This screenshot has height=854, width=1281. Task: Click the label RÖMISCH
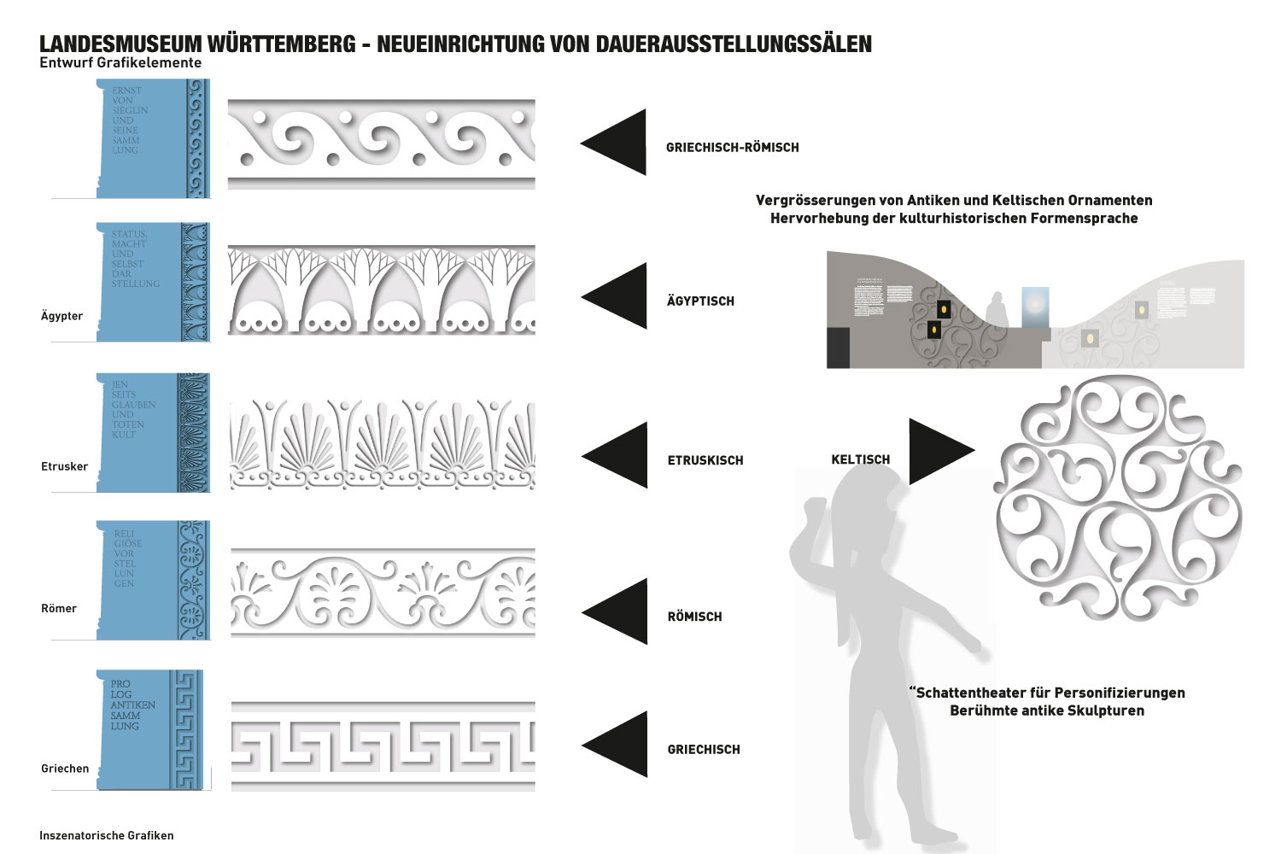pyautogui.click(x=694, y=617)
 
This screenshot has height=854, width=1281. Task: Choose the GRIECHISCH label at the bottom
pyautogui.click(x=704, y=750)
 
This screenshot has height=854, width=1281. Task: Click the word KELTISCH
pyautogui.click(x=860, y=459)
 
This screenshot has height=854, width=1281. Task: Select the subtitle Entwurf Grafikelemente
pyautogui.click(x=120, y=63)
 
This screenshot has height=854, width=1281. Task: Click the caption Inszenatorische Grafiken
pyautogui.click(x=106, y=835)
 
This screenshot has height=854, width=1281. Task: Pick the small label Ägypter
pyautogui.click(x=61, y=316)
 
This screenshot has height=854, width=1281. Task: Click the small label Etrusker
pyautogui.click(x=64, y=466)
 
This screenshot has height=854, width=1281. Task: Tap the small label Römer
pyautogui.click(x=59, y=609)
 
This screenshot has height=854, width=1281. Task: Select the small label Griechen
pyautogui.click(x=65, y=769)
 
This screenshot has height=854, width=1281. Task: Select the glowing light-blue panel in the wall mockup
pyautogui.click(x=1035, y=306)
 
